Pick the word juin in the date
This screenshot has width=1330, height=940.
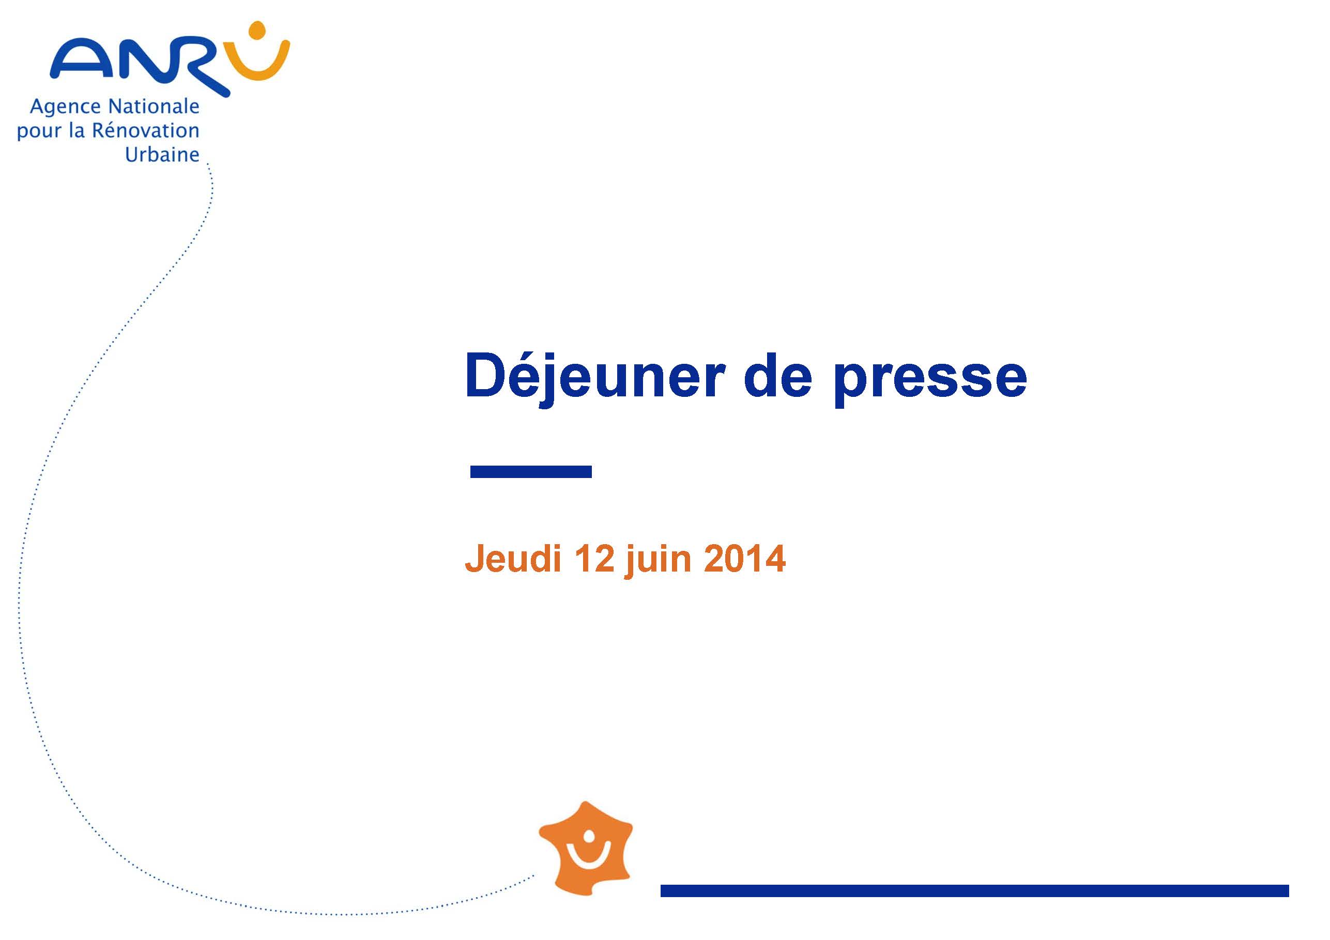(x=659, y=560)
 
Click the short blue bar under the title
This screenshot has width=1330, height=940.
(x=531, y=471)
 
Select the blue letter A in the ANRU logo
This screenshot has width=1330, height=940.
(x=81, y=58)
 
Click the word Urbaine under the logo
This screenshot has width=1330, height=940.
(x=162, y=154)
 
